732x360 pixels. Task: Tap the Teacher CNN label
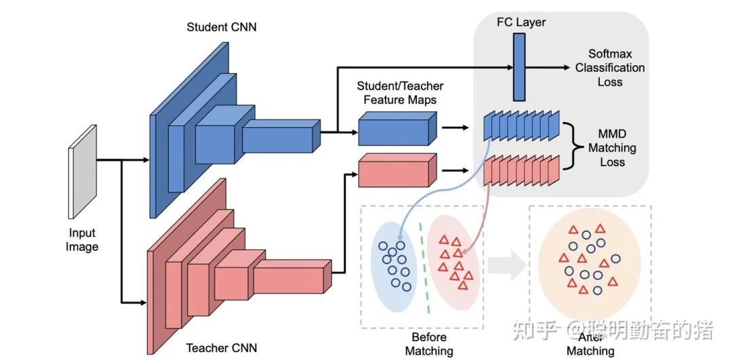(221, 349)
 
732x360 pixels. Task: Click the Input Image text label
(82, 240)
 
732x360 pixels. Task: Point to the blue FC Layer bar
(519, 67)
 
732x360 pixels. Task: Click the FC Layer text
(521, 22)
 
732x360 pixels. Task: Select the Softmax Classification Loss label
(609, 68)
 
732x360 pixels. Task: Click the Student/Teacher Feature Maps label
(401, 93)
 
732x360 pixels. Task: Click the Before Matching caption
(428, 344)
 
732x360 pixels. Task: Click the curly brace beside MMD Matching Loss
(572, 148)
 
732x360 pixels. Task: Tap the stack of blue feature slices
(521, 126)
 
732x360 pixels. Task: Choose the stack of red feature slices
(521, 170)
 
